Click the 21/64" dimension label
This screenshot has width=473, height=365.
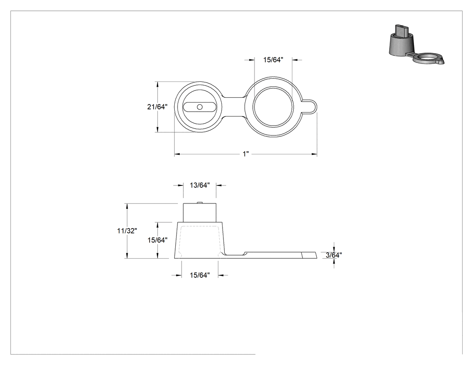(x=157, y=107)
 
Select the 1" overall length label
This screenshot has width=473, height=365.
(x=246, y=154)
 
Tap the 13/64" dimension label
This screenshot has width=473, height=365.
(x=200, y=185)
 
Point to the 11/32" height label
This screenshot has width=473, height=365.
(x=127, y=231)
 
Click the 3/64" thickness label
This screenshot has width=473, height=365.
(x=334, y=255)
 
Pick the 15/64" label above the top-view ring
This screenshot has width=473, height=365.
(x=273, y=60)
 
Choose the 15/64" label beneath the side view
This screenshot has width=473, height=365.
(x=200, y=275)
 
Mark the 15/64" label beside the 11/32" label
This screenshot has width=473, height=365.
(x=158, y=240)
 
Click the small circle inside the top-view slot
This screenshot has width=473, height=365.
(x=200, y=107)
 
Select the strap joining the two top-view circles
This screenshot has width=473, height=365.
(x=234, y=107)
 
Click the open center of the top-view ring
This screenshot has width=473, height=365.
(x=273, y=107)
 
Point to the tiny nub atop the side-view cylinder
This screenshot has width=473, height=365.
(x=200, y=203)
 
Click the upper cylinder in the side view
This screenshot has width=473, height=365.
(x=200, y=213)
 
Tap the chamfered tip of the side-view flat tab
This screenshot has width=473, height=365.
(x=309, y=255)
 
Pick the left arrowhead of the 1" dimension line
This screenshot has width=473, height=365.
(x=177, y=154)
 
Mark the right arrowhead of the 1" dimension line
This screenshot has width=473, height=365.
(x=314, y=154)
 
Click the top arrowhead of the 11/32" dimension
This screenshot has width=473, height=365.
(x=127, y=207)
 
